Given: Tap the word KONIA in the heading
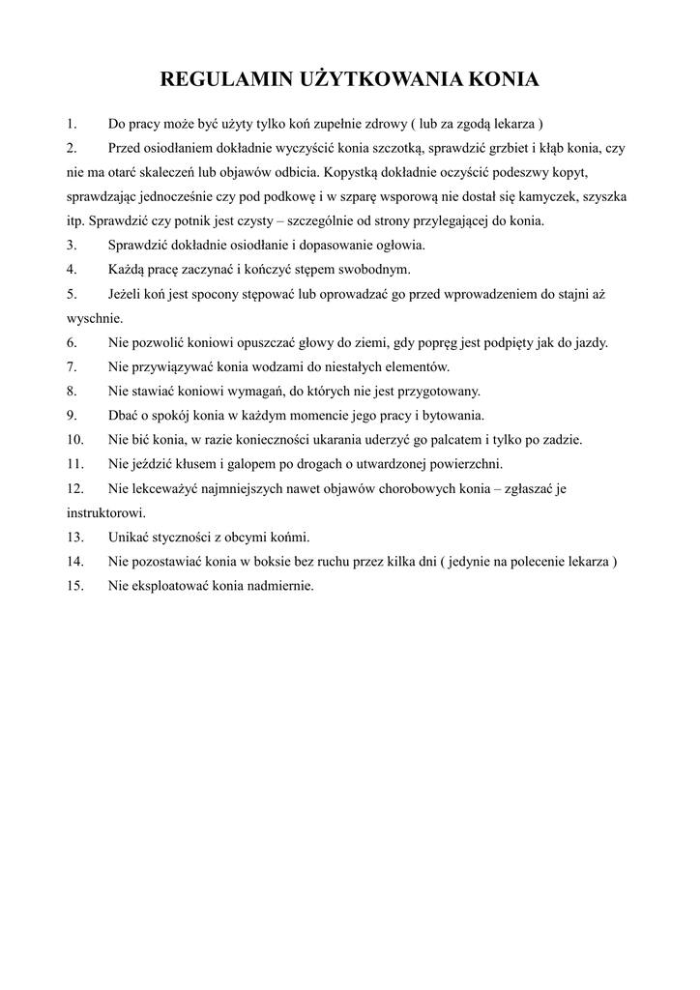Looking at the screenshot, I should tap(502, 79).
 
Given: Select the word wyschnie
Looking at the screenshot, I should tap(95, 318).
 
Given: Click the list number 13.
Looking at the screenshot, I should tap(75, 537).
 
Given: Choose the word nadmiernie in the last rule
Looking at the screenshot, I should tap(280, 585).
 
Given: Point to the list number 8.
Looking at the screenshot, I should tap(72, 391).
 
